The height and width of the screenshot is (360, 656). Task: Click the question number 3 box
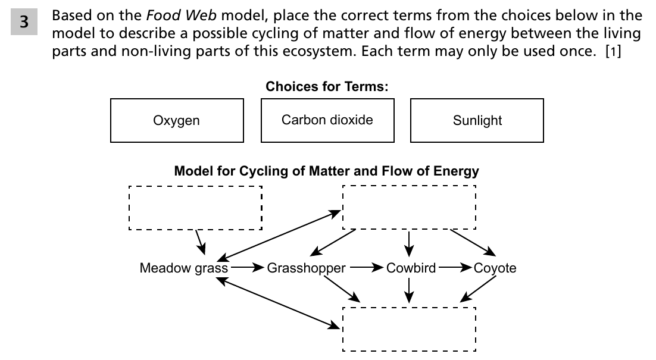tap(24, 22)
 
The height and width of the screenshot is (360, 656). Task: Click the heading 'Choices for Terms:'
tap(327, 86)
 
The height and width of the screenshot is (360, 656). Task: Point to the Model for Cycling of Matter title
tap(326, 171)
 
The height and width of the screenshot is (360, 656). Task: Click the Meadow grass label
tap(184, 268)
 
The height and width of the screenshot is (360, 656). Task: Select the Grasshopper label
tap(306, 268)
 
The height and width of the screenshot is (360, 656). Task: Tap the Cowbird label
tap(411, 268)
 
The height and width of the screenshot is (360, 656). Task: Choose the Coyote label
tap(495, 268)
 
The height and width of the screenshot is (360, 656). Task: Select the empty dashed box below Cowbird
tap(409, 308)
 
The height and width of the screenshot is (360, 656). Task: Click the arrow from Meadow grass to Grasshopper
tap(247, 267)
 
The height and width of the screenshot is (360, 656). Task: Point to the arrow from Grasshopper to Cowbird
tap(367, 267)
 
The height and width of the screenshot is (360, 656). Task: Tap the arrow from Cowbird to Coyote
tap(455, 267)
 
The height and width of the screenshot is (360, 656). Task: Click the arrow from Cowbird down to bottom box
tap(409, 290)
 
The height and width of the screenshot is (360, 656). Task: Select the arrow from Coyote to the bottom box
tap(478, 289)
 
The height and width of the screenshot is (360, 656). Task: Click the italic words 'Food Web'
tap(181, 15)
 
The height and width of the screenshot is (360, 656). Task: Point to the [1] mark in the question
tap(613, 51)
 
